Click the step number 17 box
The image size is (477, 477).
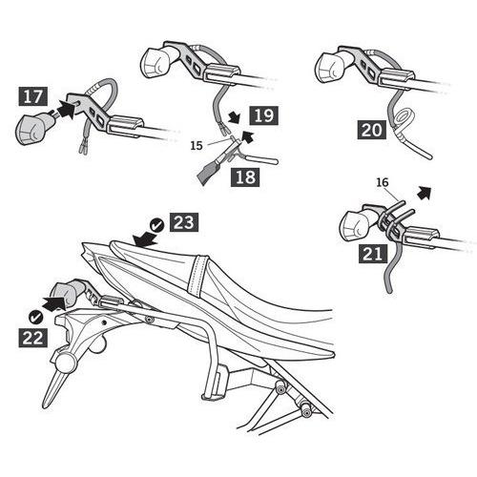pos(32,96)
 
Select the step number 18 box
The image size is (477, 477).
pos(245,176)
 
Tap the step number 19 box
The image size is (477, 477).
pos(263,115)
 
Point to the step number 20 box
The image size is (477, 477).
pos(371,130)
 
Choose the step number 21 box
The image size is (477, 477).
pos(373,254)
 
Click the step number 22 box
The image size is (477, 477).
pos(32,338)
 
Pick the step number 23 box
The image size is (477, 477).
pos(184,221)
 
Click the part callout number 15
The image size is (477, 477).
pos(197,146)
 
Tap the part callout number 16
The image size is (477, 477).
pos(383,182)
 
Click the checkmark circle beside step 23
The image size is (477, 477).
pos(156,225)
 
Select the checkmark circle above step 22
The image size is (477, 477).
pos(35,317)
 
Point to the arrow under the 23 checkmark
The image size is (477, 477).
pos(145,238)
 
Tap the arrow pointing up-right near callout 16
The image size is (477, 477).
pos(425,193)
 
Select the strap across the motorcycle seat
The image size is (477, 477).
pos(197,275)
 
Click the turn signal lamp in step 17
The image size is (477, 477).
pos(32,129)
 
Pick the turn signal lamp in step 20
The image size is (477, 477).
pos(331,68)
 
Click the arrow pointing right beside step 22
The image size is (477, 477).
pos(53,303)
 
